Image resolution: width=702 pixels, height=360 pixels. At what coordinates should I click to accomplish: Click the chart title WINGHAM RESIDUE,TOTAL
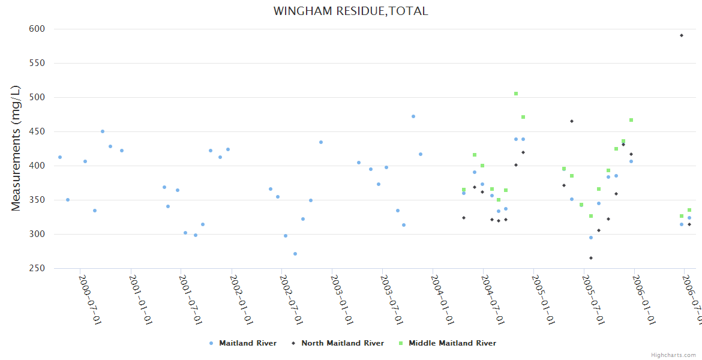[x=350, y=11]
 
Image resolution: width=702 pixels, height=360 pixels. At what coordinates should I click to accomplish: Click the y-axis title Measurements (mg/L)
[x=16, y=148]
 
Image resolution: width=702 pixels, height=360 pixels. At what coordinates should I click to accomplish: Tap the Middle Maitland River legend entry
[x=452, y=343]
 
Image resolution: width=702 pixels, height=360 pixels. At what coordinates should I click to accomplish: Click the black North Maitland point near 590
[x=682, y=35]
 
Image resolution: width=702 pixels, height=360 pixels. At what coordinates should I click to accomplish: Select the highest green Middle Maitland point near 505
[x=516, y=94]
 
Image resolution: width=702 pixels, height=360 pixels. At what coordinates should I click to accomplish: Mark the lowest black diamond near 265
[x=591, y=258]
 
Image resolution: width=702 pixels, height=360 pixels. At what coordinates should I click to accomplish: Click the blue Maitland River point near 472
[x=413, y=116]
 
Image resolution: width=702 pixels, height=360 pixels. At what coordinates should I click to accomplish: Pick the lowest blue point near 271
[x=295, y=254]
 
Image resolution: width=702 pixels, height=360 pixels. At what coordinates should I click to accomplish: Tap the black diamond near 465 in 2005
[x=572, y=121]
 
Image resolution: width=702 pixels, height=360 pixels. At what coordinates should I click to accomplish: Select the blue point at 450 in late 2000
[x=103, y=131]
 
